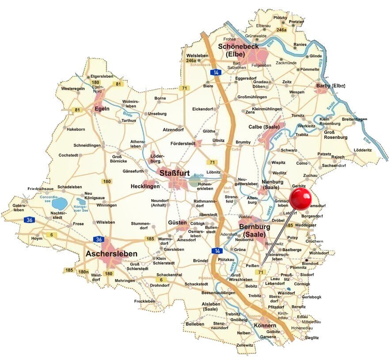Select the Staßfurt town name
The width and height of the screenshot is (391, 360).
(x=175, y=173)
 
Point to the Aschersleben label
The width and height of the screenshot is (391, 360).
(x=112, y=254)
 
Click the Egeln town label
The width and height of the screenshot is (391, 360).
(x=101, y=109)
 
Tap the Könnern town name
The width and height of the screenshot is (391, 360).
(x=265, y=326)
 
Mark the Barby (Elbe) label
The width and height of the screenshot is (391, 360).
(x=330, y=86)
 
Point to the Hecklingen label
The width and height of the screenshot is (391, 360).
(x=145, y=187)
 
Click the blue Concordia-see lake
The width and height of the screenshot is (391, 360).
(x=58, y=204)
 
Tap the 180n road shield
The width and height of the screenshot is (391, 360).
(x=84, y=271)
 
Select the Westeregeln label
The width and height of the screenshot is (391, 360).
(x=73, y=89)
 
